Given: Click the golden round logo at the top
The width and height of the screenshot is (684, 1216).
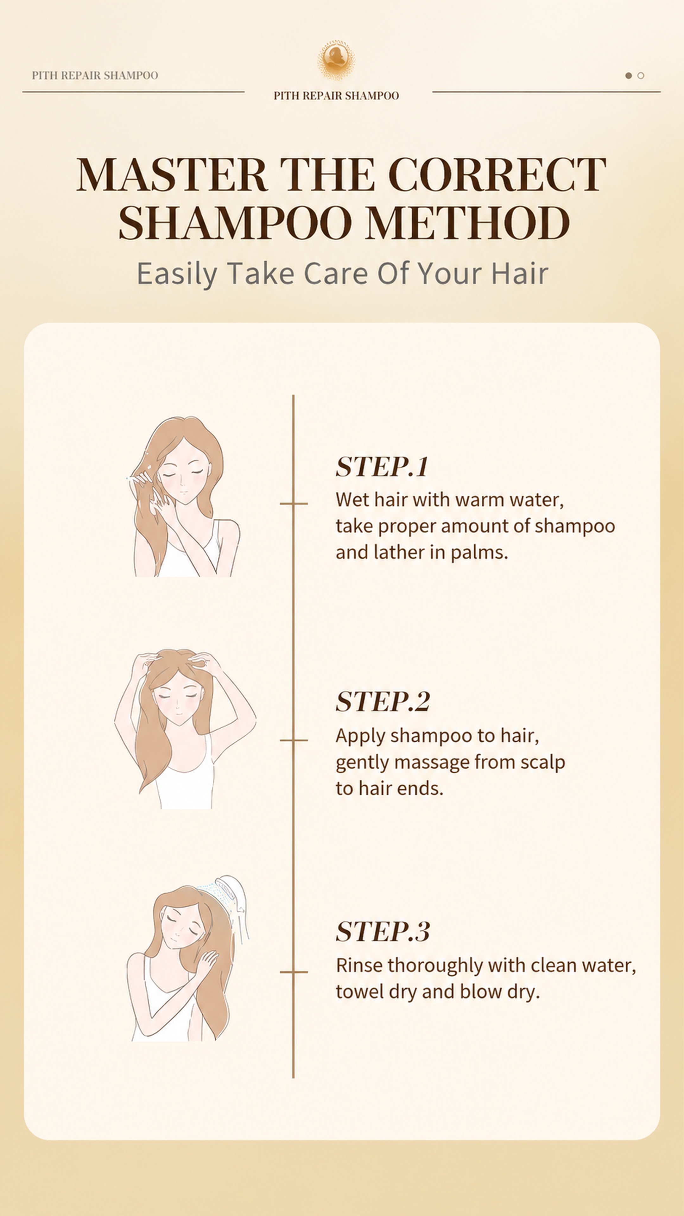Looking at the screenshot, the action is click(x=336, y=60).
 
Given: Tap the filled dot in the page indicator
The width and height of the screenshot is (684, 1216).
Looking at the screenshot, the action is click(x=628, y=76).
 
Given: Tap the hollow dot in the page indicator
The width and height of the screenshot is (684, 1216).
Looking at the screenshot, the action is click(x=641, y=76).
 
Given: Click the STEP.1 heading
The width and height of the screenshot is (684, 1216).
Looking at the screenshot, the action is click(x=382, y=467).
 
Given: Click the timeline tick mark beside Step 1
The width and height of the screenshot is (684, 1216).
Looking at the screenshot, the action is click(x=294, y=504).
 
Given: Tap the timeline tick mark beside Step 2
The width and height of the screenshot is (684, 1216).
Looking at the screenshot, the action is click(x=294, y=740).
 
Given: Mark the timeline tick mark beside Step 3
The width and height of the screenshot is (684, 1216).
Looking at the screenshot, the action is click(x=294, y=972).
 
